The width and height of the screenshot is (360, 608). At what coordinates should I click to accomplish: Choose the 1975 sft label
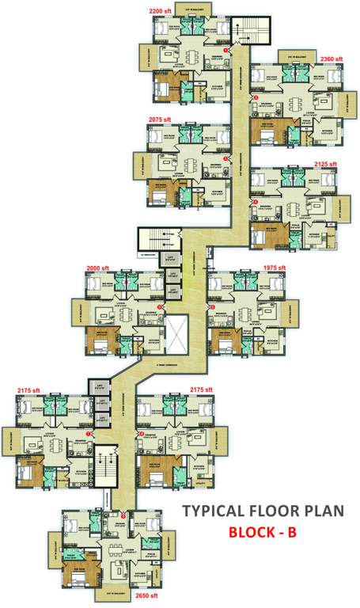(274, 268)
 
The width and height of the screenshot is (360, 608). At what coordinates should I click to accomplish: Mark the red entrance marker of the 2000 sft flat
(159, 306)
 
